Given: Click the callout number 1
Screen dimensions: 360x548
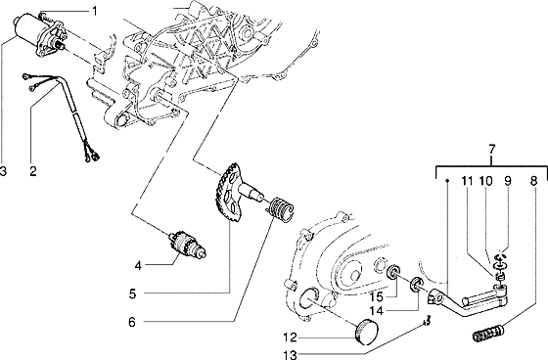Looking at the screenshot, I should click(94, 11).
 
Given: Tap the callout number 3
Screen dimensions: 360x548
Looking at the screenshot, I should click(4, 171).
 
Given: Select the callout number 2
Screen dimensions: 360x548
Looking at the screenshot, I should click(32, 171).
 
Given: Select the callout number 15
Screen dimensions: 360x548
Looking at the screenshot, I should click(375, 294).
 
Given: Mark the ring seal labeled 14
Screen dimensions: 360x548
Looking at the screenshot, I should click(415, 287).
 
